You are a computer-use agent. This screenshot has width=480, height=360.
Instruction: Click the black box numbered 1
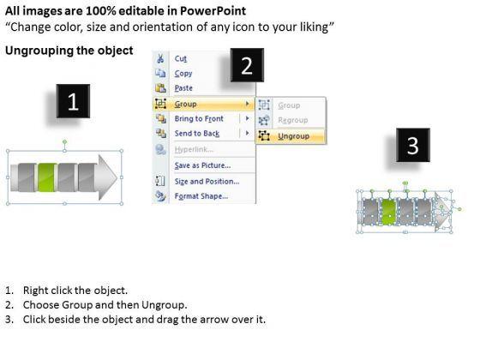(x=73, y=101)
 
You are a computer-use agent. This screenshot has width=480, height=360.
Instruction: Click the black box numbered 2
(x=247, y=65)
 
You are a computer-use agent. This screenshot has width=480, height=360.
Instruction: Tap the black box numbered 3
(x=413, y=145)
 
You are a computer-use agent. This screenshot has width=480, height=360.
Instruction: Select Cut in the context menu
(x=180, y=58)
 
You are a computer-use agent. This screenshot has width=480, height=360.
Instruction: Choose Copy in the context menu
(x=183, y=74)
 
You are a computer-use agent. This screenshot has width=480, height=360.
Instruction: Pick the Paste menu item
(x=183, y=88)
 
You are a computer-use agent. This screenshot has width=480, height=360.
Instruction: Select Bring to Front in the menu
(x=199, y=118)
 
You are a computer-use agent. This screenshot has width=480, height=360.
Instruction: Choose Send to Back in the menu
(x=197, y=134)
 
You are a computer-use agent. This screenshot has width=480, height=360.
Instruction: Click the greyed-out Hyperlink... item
(x=194, y=149)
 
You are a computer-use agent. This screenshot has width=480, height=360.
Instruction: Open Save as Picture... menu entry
(x=202, y=165)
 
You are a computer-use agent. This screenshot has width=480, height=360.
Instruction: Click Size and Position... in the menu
(x=207, y=181)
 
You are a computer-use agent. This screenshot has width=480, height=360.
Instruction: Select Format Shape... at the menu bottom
(x=201, y=196)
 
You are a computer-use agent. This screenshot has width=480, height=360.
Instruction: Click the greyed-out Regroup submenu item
(x=293, y=120)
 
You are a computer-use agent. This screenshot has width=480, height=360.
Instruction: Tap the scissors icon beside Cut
(x=160, y=58)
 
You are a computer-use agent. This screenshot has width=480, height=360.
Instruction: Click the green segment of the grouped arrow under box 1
(x=47, y=177)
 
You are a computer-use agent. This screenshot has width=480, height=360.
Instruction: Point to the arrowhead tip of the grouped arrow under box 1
(x=117, y=177)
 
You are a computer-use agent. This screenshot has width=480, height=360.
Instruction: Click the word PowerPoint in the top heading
(x=213, y=11)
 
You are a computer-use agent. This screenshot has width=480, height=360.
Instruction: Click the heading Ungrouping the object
(x=69, y=51)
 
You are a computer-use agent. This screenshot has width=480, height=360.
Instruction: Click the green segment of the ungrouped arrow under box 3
(x=389, y=212)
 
